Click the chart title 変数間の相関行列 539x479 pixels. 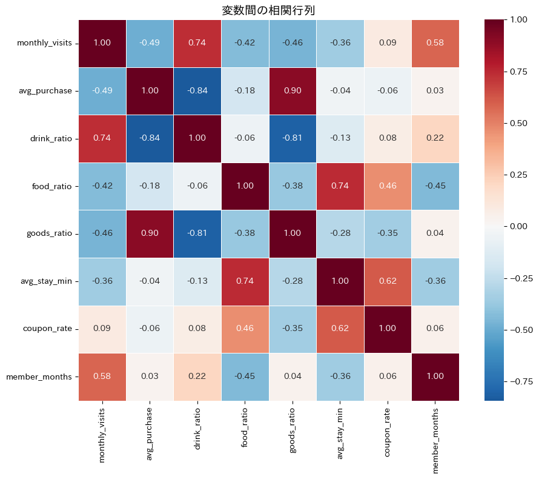pos(268,10)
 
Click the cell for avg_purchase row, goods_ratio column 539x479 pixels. pos(293,91)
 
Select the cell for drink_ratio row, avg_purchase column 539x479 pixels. pos(150,138)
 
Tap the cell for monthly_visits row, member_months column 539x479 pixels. pos(435,43)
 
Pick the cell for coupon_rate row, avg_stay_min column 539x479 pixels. pos(340,329)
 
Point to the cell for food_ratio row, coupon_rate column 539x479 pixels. pos(388,186)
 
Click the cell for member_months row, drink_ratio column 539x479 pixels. pos(197,377)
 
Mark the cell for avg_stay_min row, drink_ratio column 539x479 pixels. pos(197,281)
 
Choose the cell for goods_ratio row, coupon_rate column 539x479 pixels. pos(388,233)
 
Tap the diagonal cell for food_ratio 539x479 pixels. pos(245,186)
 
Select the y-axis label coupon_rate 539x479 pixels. pos(49,329)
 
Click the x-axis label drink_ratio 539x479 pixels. pos(197,431)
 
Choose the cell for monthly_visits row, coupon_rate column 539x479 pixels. pos(388,43)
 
